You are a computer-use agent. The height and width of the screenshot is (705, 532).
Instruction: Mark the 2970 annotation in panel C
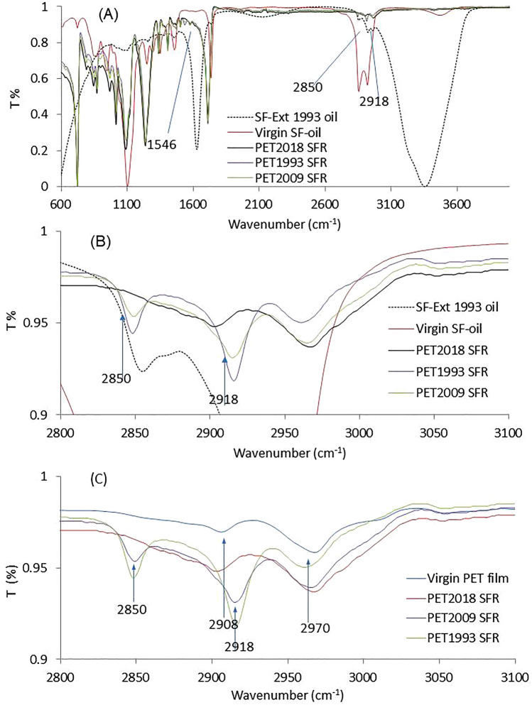308,608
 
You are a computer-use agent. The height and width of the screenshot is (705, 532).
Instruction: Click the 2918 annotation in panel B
224,400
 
